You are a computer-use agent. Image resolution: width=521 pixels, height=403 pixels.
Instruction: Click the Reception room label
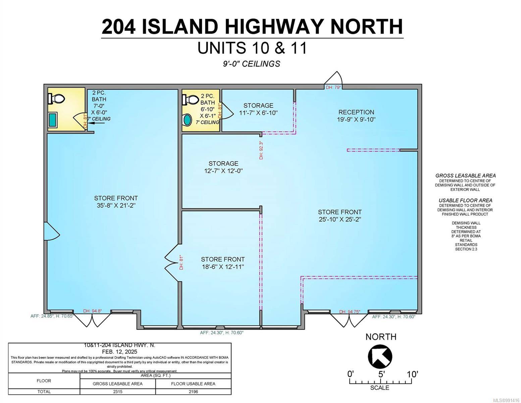[356, 116]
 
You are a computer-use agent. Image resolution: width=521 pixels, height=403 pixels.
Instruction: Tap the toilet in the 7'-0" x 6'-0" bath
[56, 98]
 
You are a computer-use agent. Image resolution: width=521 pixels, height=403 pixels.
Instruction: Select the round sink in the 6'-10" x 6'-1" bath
[187, 120]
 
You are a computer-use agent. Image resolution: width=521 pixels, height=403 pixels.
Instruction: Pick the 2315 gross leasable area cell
[118, 392]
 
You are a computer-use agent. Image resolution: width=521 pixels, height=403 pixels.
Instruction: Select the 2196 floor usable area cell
[193, 392]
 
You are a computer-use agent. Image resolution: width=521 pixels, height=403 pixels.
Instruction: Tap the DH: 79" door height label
[333, 87]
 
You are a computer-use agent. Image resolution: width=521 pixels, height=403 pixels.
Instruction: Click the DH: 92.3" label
[261, 150]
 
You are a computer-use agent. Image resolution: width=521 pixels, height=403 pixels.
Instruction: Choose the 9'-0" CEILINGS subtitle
[252, 63]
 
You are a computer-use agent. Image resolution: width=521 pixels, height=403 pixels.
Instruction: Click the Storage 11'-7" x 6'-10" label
[258, 109]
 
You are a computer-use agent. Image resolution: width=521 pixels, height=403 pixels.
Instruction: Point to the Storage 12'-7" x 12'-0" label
[223, 167]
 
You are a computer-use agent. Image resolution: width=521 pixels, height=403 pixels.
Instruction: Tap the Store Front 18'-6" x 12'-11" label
[223, 263]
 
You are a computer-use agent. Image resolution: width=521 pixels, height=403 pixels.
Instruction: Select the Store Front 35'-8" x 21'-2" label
[116, 201]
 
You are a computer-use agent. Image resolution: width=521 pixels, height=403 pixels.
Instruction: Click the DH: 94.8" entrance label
[93, 311]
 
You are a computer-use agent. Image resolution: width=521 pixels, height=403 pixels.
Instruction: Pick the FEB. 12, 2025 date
[120, 352]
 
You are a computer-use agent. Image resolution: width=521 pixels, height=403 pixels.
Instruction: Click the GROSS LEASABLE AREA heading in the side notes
[465, 176]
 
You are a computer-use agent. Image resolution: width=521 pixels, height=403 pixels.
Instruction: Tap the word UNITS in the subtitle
[221, 48]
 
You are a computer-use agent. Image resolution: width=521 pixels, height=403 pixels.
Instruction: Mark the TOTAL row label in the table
[44, 392]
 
